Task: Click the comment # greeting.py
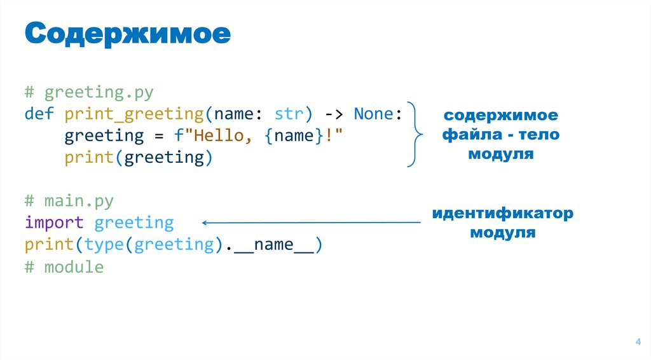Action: coord(89,93)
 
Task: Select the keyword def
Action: coord(39,114)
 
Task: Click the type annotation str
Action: coord(290,114)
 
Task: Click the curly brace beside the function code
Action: coord(415,134)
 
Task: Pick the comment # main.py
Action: coord(69,202)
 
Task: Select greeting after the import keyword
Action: coord(134,223)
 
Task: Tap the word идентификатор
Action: coord(502,213)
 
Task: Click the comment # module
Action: coord(64,267)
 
